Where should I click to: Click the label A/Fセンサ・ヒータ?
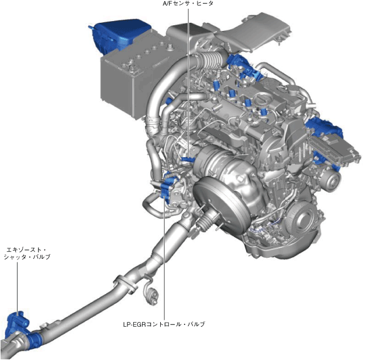(188, 4)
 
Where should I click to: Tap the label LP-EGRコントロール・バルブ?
(164, 324)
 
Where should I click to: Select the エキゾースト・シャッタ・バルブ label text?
(27, 253)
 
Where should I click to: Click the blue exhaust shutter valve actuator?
(17, 323)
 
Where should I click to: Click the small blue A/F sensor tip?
(188, 160)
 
